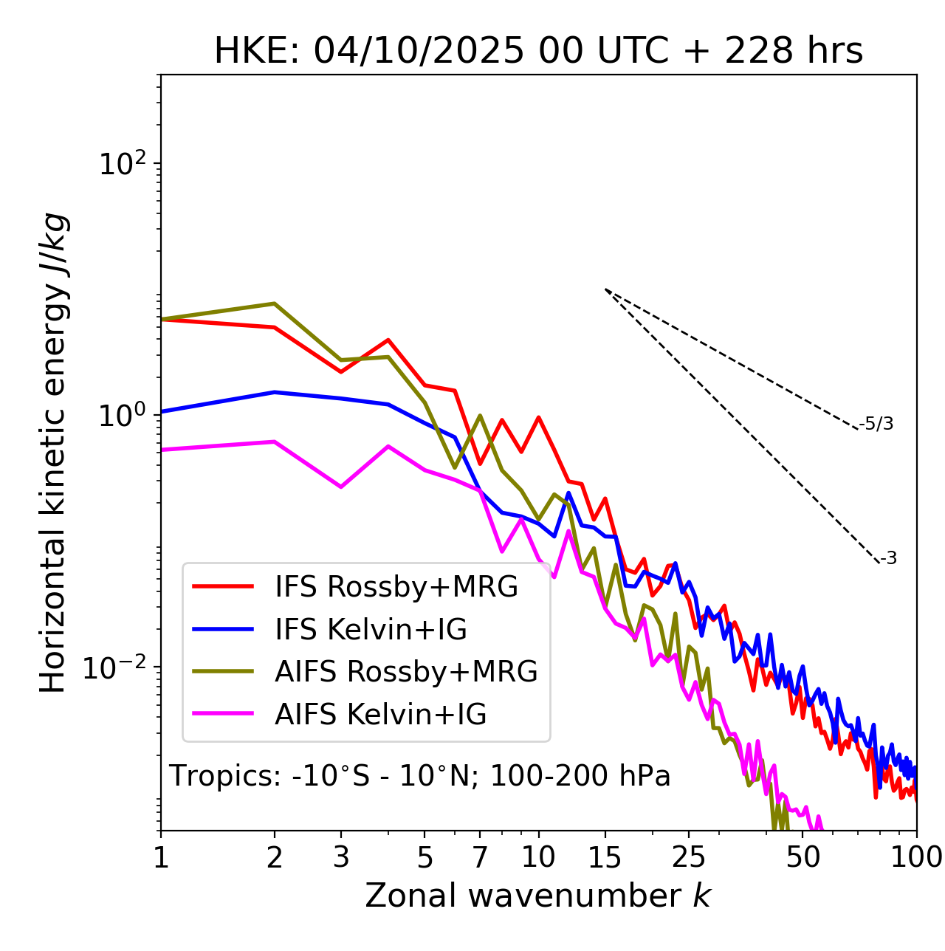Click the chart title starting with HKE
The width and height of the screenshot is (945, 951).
tap(538, 52)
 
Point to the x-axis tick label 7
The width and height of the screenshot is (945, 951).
tap(480, 857)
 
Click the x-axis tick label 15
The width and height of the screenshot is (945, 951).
tap(605, 857)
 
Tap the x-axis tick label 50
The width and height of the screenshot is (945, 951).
tap(803, 857)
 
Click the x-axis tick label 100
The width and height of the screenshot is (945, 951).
tap(916, 857)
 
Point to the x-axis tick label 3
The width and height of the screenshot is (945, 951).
tap(341, 857)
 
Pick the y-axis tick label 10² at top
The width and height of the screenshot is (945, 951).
tap(122, 164)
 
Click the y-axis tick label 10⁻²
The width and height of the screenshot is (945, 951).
tap(118, 667)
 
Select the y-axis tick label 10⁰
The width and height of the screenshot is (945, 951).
tap(122, 416)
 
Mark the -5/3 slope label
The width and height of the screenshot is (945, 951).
tap(876, 424)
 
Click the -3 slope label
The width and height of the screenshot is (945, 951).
tap(888, 559)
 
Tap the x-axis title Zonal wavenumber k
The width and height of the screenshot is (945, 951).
tap(538, 896)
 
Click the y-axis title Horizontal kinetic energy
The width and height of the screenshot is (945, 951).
tap(53, 453)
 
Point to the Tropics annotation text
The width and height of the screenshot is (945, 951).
tap(420, 776)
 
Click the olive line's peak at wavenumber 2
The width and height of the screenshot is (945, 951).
tap(275, 303)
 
